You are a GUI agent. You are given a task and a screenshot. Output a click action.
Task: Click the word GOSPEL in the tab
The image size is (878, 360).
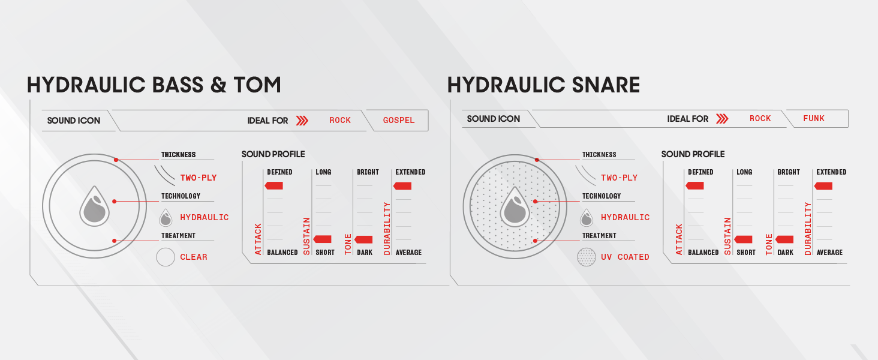click(x=399, y=121)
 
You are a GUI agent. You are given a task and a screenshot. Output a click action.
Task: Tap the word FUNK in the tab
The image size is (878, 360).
click(x=814, y=118)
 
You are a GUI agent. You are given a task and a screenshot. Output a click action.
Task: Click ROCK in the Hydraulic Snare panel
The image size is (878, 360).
click(x=760, y=118)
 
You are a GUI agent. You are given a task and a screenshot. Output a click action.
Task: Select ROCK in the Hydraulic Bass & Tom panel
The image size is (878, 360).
click(x=340, y=121)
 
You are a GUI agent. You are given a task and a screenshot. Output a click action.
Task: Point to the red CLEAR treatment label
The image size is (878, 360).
click(x=194, y=257)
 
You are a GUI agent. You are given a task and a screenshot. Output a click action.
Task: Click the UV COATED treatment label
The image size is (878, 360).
click(x=625, y=257)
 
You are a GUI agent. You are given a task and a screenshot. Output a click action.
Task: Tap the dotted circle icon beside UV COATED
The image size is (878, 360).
click(x=587, y=257)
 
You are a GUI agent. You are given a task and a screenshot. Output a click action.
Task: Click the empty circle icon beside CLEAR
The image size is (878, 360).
click(x=166, y=257)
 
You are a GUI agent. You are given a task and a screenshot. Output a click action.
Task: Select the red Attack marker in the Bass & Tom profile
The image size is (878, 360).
click(x=273, y=185)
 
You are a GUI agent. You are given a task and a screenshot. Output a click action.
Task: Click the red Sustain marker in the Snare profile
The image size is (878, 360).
click(x=743, y=239)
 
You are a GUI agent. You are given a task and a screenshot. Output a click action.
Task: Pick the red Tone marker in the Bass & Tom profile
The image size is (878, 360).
click(x=363, y=239)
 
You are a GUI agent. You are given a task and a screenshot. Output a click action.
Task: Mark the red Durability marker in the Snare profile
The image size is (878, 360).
click(x=823, y=186)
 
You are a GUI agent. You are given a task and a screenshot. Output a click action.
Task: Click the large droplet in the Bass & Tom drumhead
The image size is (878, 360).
click(x=95, y=206)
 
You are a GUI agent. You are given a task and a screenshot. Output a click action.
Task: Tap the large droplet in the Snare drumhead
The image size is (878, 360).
click(x=515, y=206)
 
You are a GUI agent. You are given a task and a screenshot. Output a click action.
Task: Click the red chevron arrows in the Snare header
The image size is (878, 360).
click(x=722, y=118)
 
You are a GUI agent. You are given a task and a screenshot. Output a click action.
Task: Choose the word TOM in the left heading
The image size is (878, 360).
click(x=257, y=85)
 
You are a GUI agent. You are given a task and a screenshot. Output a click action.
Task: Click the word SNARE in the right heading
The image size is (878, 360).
click(x=606, y=85)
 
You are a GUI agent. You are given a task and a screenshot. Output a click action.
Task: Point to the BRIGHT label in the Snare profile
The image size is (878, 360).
click(x=789, y=172)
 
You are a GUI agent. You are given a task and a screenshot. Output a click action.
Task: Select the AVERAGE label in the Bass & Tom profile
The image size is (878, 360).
click(x=408, y=253)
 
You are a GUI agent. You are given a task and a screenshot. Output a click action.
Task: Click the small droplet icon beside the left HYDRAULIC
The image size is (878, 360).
click(x=166, y=217)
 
